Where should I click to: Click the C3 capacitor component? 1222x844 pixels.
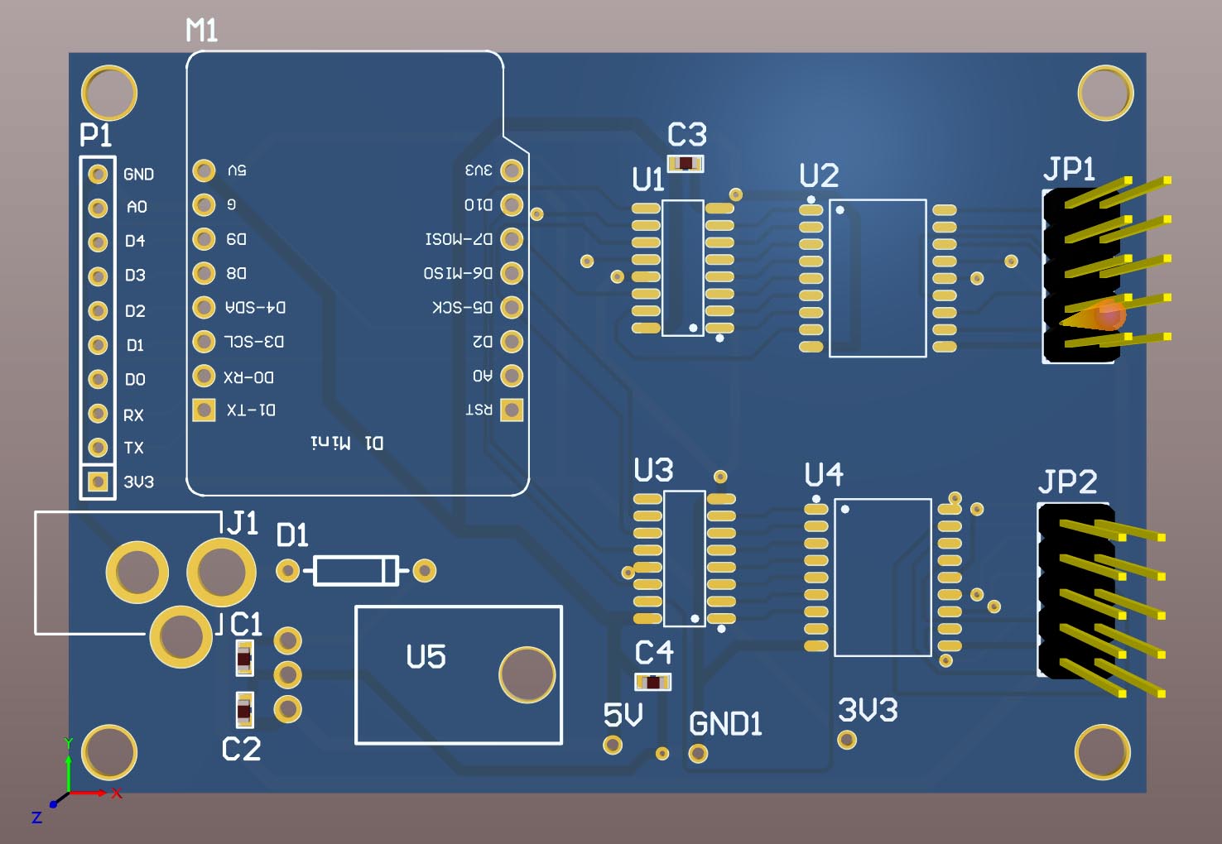(686, 163)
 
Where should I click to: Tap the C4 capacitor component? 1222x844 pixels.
(652, 683)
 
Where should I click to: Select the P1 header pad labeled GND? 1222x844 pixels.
(98, 175)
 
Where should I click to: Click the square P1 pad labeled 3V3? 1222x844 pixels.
(98, 482)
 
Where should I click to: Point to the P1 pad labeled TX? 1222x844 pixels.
(98, 448)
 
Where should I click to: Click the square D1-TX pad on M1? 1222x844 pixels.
(204, 410)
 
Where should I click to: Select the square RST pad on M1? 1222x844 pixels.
(512, 409)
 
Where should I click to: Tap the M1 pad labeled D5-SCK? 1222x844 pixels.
(512, 307)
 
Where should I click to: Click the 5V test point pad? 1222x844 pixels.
(613, 745)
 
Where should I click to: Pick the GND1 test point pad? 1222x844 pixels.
(698, 753)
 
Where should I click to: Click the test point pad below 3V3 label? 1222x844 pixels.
(846, 739)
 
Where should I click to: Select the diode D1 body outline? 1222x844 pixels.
(356, 570)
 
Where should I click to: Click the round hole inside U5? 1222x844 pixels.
(527, 674)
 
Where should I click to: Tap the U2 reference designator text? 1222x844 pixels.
(819, 175)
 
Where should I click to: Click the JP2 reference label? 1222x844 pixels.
(1067, 482)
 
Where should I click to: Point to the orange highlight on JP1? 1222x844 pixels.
(1103, 315)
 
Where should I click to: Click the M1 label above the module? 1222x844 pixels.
(202, 31)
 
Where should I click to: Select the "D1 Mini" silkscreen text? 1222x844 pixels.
(347, 443)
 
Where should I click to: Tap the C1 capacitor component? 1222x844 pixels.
(243, 659)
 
